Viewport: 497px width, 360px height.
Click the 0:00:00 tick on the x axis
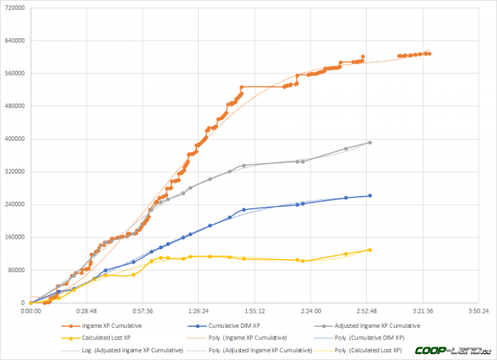pos(31,311)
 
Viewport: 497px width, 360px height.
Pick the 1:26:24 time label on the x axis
pos(199,311)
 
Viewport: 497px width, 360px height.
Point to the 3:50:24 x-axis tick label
pos(479,311)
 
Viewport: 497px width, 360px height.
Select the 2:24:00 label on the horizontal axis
pos(310,311)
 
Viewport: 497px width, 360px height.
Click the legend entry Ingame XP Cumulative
pos(112,326)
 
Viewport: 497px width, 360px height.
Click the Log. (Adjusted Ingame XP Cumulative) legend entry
pos(125,349)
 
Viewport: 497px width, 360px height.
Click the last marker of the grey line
pos(370,143)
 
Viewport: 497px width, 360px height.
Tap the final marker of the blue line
pos(370,196)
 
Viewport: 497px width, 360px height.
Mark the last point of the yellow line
pos(370,250)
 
